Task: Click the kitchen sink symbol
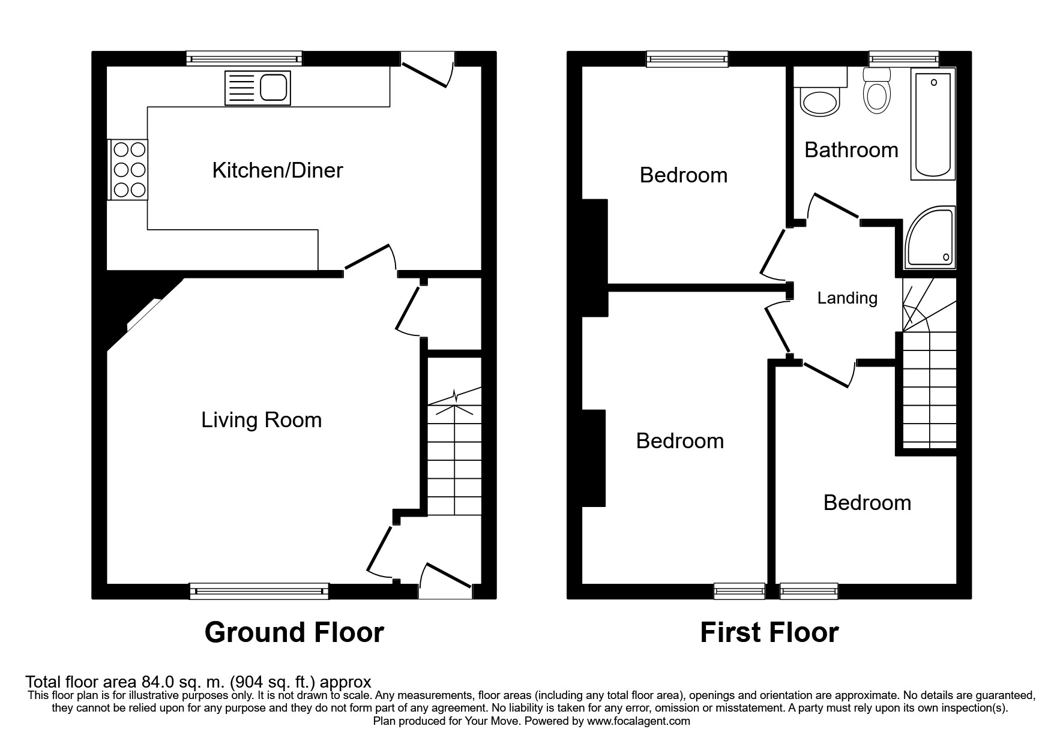coord(257,88)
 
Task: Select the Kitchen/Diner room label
coord(277,170)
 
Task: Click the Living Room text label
coord(261,420)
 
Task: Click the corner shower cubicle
coord(929,239)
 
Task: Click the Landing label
coord(847,298)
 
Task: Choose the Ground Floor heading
coord(294,632)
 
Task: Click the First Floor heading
coord(769,632)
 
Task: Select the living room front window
coord(259,591)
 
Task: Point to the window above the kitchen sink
coord(244,58)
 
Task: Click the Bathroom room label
coord(851,150)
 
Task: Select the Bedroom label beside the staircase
coord(867,503)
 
